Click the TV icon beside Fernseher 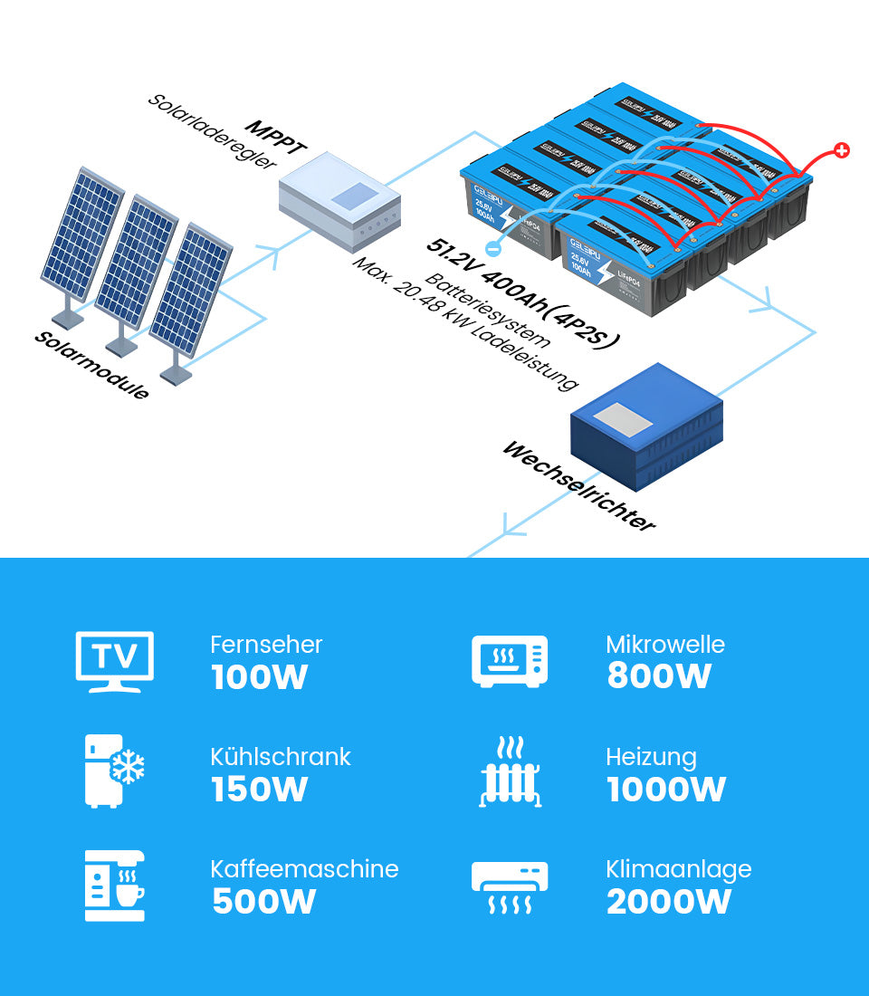point(114,661)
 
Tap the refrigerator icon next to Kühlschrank point(114,771)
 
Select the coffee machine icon point(114,886)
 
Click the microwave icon point(510,661)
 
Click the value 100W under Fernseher point(260,677)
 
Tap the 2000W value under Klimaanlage point(668,902)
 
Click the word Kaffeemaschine point(304,869)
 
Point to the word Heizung point(651,757)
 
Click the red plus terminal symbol point(841,150)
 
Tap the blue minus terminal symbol point(493,247)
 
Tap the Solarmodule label point(91,365)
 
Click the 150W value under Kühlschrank point(260,790)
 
